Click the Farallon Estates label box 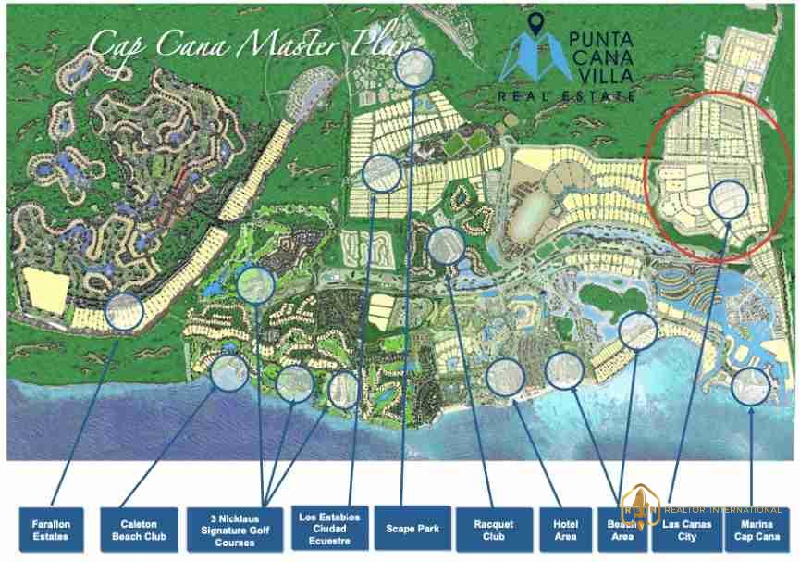[x=51, y=530]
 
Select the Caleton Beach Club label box [x=140, y=530]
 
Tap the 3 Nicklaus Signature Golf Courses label [x=235, y=530]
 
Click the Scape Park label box [x=412, y=529]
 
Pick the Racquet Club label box [x=494, y=530]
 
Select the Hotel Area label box [x=565, y=530]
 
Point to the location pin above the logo [x=535, y=25]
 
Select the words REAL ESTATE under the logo [x=567, y=95]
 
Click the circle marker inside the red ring [x=729, y=199]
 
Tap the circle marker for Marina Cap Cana [x=751, y=386]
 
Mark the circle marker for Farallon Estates [x=124, y=311]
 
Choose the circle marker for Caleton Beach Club [x=228, y=372]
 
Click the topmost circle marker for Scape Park [x=414, y=68]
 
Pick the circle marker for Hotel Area [x=564, y=370]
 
